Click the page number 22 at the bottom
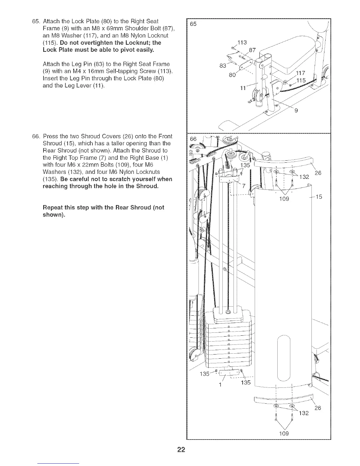180,450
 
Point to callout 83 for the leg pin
223,66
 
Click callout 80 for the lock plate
233,75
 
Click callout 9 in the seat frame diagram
296,111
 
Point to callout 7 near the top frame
243,185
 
